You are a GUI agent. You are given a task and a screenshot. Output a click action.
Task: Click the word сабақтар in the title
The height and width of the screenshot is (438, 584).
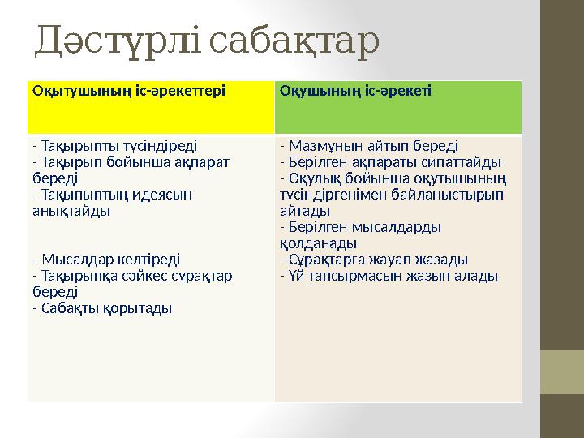294,43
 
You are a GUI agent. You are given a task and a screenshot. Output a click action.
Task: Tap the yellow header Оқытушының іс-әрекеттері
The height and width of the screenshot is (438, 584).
129,90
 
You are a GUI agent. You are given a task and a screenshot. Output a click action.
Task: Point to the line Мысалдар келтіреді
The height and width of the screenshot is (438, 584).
106,260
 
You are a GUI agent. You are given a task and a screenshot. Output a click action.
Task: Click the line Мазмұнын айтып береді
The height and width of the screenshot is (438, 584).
368,147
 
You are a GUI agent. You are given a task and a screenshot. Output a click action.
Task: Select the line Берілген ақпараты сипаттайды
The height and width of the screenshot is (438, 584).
390,162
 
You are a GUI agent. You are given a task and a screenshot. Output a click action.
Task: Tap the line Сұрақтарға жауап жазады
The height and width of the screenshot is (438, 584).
373,260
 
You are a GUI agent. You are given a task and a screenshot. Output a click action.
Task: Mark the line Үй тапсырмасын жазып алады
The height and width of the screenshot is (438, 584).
389,276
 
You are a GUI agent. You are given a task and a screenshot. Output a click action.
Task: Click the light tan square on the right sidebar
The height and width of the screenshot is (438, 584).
561,372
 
